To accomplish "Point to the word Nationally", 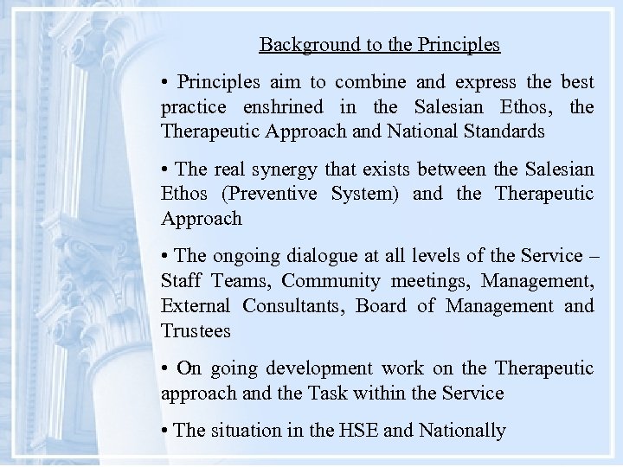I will tap(461, 430).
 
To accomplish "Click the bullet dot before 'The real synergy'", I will tap(164, 170).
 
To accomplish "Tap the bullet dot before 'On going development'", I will tap(164, 368).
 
